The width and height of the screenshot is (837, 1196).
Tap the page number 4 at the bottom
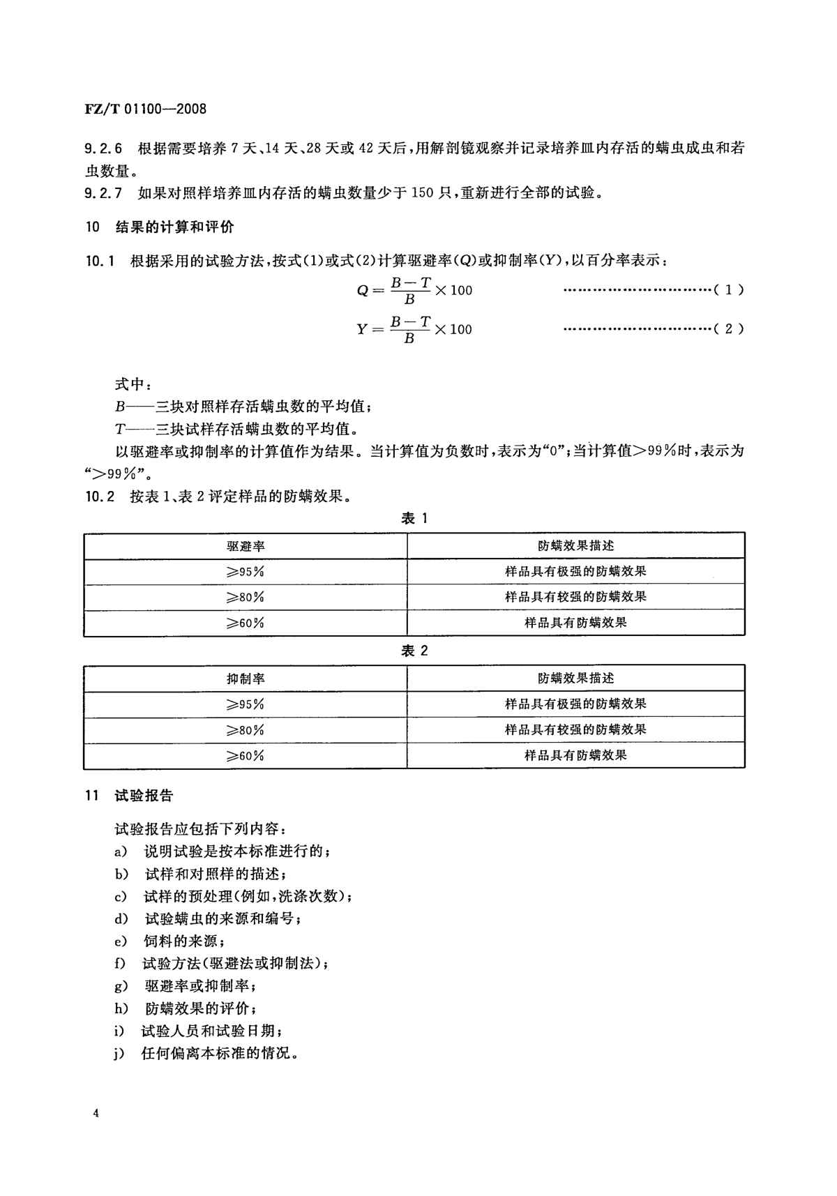96,1114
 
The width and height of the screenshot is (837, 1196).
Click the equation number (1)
729,289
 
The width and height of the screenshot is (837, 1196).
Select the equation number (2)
729,328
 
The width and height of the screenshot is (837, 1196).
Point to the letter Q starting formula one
363,291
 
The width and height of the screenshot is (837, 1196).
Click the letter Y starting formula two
362,329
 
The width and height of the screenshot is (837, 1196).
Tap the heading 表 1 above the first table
414,518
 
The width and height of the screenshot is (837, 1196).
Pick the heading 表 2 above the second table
414,651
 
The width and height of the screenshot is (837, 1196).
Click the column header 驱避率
246,546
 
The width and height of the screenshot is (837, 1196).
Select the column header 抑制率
246,679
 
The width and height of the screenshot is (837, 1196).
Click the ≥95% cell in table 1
245,572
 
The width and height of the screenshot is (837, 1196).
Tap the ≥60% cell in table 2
245,756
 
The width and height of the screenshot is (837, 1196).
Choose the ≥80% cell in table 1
245,598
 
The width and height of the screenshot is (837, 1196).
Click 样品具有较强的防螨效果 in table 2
575,730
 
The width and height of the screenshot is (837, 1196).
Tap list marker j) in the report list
119,1053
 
